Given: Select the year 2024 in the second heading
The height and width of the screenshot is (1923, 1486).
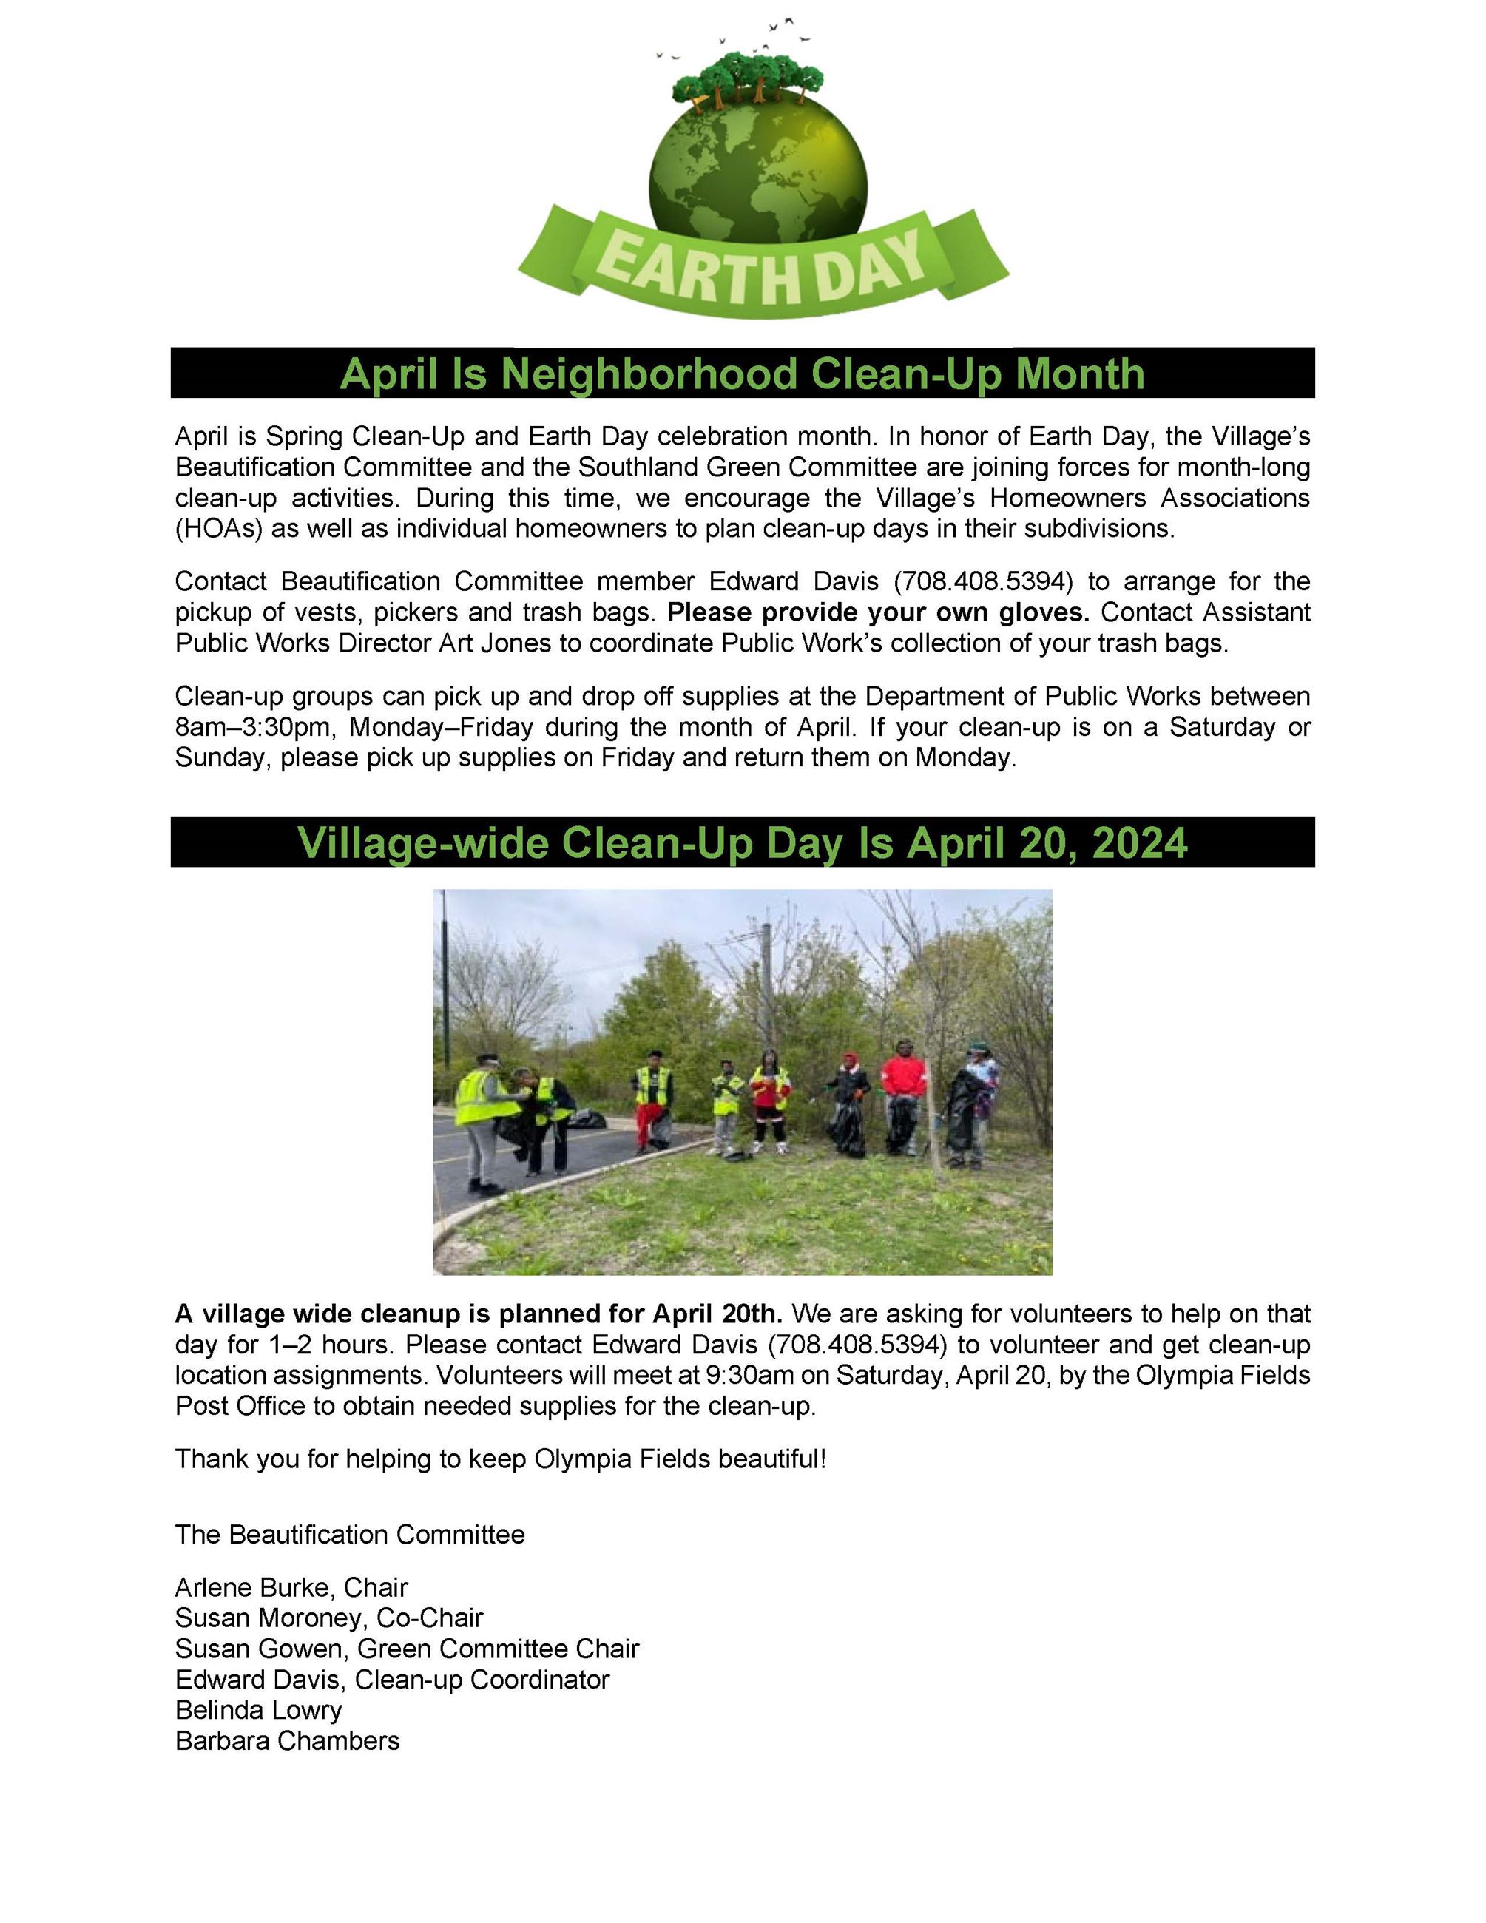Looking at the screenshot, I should pyautogui.click(x=1138, y=842).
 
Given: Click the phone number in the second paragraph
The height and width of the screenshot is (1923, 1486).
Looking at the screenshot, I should pyautogui.click(x=983, y=581).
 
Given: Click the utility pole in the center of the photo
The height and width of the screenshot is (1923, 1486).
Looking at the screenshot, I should pyautogui.click(x=766, y=986).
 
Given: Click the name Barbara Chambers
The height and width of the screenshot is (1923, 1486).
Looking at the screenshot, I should pyautogui.click(x=287, y=1741).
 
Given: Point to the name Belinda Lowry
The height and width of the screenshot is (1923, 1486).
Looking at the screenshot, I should pyautogui.click(x=258, y=1710).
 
